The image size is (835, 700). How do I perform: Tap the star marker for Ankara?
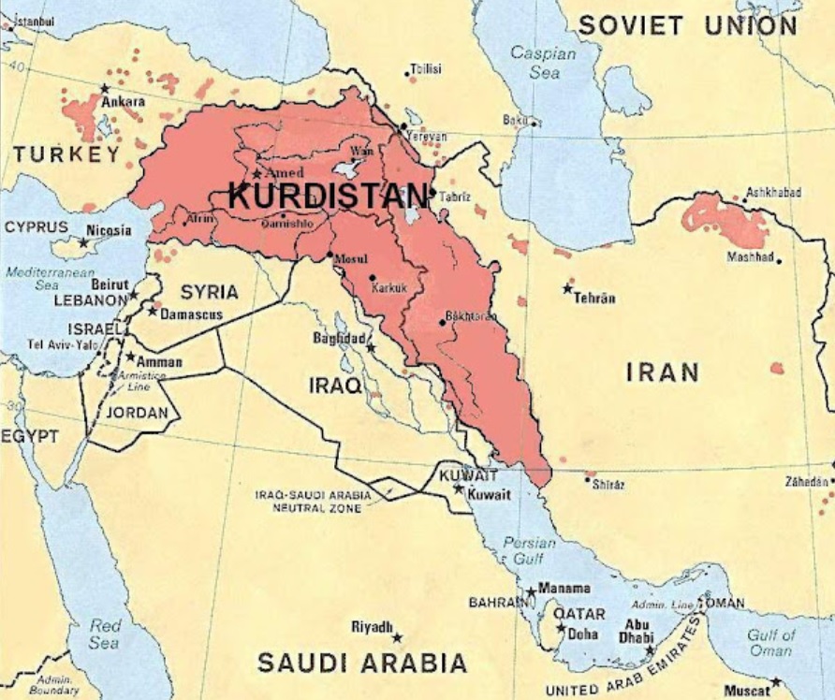[104, 89]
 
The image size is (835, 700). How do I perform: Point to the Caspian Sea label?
[543, 62]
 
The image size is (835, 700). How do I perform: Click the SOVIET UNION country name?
[687, 25]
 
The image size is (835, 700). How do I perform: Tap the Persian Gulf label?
[529, 551]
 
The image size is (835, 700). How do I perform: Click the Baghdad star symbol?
[371, 348]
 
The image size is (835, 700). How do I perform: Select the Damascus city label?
[192, 314]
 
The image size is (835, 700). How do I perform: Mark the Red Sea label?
[105, 634]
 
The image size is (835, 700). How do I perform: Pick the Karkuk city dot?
[372, 277]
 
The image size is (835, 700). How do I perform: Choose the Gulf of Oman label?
[770, 643]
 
